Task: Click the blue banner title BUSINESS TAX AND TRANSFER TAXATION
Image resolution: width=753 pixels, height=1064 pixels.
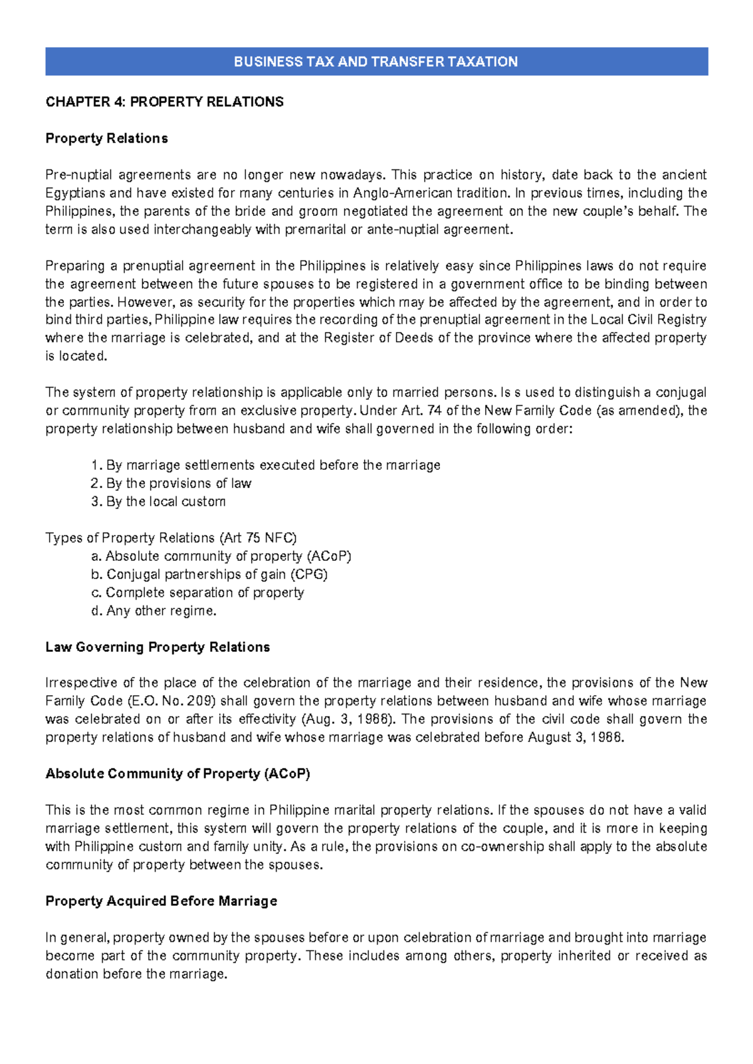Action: coord(376,61)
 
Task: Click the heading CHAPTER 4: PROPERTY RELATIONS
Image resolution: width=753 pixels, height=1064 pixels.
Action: coord(164,102)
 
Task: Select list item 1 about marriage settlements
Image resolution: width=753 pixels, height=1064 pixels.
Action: coord(265,465)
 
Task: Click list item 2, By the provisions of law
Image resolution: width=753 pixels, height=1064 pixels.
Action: coord(171,483)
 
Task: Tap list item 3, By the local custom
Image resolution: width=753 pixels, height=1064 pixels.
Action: coord(158,501)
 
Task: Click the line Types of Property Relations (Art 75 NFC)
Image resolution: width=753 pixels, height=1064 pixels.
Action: coord(171,538)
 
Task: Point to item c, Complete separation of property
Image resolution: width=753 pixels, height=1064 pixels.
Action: coord(198,592)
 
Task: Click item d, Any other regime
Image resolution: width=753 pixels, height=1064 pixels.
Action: coord(154,610)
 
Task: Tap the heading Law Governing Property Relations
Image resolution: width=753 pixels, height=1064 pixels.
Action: coord(158,647)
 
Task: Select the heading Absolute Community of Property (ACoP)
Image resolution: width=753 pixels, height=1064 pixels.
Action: coord(178,774)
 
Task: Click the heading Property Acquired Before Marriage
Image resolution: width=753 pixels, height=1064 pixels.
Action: coord(161,901)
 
